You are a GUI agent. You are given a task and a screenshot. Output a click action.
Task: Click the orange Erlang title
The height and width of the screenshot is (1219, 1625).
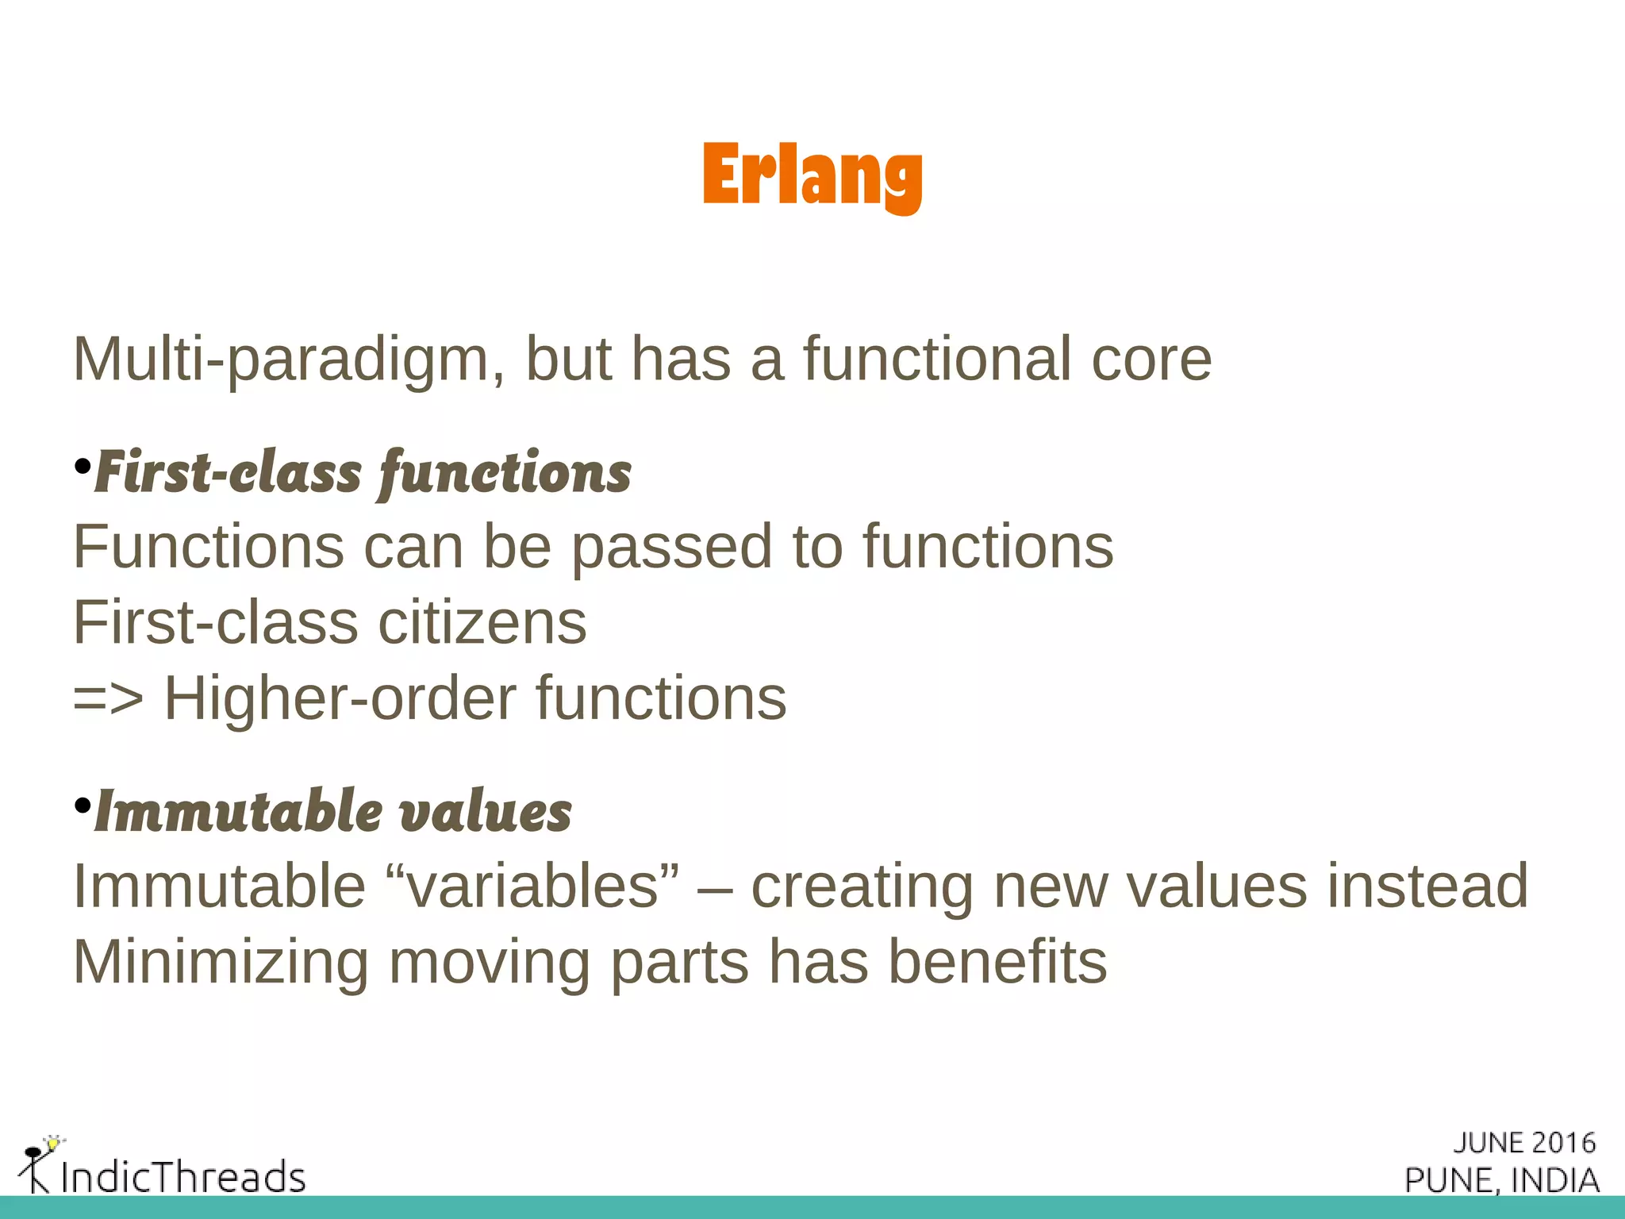(812, 175)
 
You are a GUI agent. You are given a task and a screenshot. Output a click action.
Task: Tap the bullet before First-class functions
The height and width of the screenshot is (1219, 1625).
(82, 467)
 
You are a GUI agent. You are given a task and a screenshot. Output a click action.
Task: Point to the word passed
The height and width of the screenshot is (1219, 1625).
(671, 548)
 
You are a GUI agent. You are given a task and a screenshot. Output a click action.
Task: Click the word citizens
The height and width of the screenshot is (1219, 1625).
(482, 623)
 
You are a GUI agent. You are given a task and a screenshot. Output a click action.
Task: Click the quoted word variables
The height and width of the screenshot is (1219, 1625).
(533, 886)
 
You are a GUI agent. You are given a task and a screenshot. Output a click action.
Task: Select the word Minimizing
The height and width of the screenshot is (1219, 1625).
(221, 963)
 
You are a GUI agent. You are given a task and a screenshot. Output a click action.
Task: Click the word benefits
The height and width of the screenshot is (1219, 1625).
(997, 962)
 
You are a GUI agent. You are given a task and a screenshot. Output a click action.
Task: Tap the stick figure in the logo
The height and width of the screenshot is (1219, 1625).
(36, 1165)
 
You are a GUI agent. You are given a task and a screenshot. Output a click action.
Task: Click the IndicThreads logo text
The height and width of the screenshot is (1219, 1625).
(182, 1176)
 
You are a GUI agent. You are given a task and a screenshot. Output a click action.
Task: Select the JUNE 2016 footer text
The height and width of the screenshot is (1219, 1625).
(1523, 1143)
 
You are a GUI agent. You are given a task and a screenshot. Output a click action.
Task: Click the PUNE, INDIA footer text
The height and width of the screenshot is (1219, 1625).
(1501, 1180)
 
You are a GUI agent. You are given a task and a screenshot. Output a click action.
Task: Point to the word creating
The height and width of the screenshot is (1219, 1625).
(862, 886)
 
